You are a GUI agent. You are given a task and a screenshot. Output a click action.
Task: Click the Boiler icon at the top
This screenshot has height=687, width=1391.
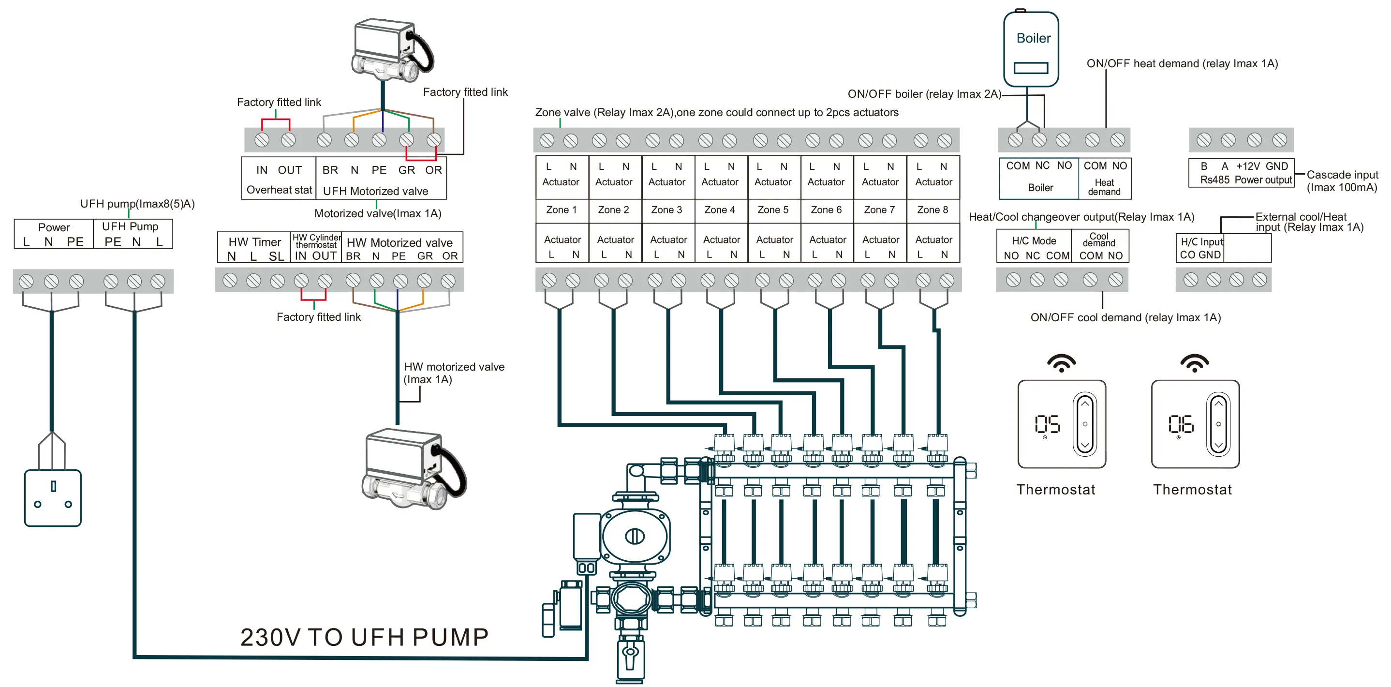[x=1030, y=48]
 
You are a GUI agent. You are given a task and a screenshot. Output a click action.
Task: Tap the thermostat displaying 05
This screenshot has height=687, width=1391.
[x=1061, y=424]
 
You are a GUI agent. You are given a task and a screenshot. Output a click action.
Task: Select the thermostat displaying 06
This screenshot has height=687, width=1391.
[x=1195, y=424]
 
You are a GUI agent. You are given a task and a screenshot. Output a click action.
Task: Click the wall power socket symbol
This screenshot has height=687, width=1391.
[x=52, y=497]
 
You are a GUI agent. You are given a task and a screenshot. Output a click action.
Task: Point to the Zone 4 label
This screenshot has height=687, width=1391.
[x=719, y=209]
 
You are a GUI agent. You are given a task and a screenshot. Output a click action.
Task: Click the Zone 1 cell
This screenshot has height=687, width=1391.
[x=561, y=209]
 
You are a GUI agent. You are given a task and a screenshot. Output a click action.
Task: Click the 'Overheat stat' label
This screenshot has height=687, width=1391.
[x=279, y=190]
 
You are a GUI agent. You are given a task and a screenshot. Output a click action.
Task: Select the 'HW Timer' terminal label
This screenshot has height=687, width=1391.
[x=254, y=242]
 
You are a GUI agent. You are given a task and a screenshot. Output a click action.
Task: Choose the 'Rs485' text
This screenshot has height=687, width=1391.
[x=1214, y=180]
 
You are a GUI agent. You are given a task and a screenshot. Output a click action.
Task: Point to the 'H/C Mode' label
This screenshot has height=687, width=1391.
[x=1034, y=241]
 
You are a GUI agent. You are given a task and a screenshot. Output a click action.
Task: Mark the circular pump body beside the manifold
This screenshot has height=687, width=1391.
[x=635, y=537]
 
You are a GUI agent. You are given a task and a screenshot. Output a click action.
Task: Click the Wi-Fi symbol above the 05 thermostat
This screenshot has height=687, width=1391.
[x=1061, y=363]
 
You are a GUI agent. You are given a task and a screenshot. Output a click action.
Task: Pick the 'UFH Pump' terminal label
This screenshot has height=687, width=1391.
[x=130, y=226]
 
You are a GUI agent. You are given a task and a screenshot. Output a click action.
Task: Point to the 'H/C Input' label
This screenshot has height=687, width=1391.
[x=1201, y=242]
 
